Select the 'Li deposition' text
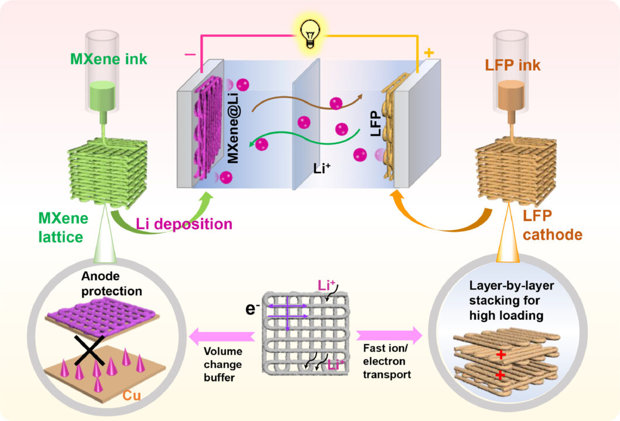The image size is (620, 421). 184,224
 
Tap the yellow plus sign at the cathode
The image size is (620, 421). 429,53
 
